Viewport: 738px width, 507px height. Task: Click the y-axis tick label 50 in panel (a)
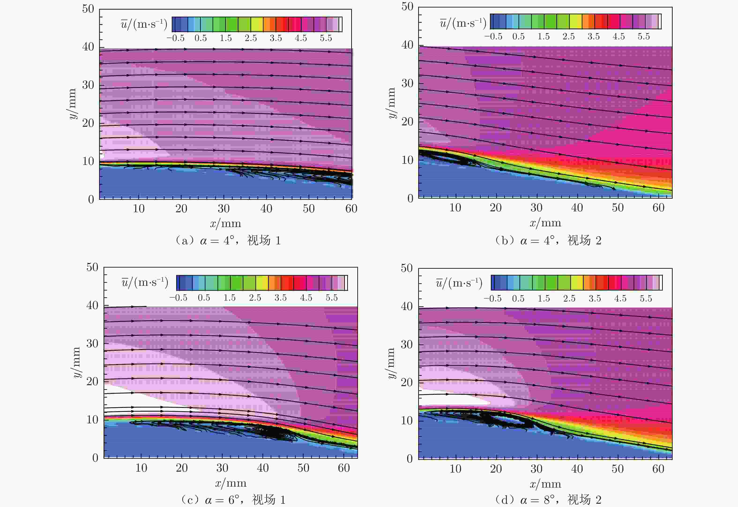88,9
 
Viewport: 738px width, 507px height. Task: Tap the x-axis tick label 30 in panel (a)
224,209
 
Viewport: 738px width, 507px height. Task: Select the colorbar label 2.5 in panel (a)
251,38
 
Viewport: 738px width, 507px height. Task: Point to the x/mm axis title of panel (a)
226,224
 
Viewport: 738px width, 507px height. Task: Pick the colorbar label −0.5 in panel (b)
493,37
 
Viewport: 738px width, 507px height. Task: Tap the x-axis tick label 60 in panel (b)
659,208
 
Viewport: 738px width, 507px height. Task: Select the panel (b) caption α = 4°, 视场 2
548,240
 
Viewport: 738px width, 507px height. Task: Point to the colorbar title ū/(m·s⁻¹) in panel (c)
145,282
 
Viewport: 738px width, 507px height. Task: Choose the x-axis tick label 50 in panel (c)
303,468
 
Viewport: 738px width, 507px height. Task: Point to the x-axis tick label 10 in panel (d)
455,469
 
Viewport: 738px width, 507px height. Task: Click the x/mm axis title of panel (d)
545,484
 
